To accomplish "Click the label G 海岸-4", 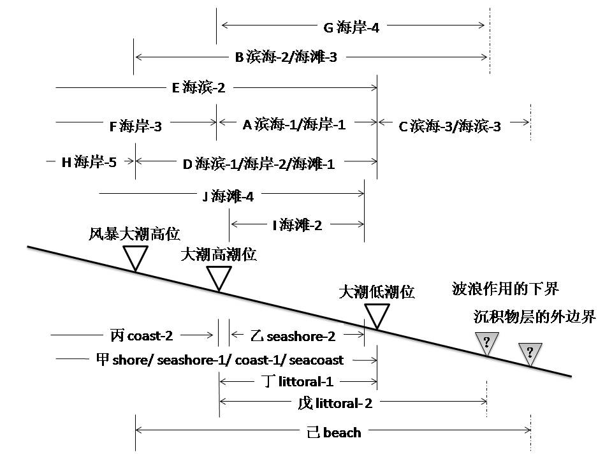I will pos(351,27).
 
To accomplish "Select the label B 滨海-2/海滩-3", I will pos(286,58).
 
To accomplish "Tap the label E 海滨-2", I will pos(198,89).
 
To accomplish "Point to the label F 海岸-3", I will pos(136,126).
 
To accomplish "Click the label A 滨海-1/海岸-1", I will pos(294,124).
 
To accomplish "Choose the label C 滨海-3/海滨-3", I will pos(449,126).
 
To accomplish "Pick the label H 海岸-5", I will pos(89,162).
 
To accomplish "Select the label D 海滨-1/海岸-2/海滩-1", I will pos(258,164).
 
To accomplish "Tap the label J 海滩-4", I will pos(228,196).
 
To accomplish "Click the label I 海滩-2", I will pos(297,224).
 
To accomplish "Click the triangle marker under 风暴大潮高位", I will pos(135,257).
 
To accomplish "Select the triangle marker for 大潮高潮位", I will pos(219,277).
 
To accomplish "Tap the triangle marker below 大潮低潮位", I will pos(377,315).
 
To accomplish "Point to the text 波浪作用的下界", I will pos(505,289).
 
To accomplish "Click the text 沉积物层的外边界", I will pos(534,316).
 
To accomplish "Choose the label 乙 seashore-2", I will pos(293,336).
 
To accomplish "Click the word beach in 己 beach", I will pos(342,433).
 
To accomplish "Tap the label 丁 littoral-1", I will pos(298,382).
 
